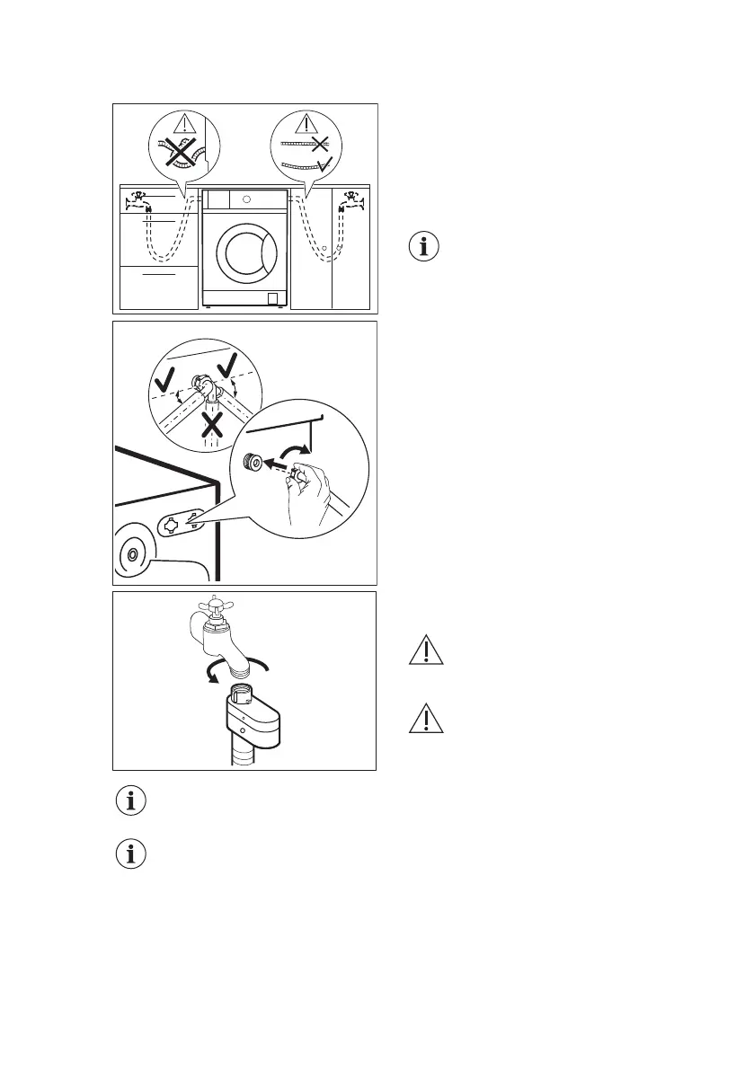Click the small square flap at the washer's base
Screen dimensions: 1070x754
coord(272,297)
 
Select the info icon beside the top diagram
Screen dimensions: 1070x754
coord(425,247)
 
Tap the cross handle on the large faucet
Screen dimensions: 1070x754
coord(212,604)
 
